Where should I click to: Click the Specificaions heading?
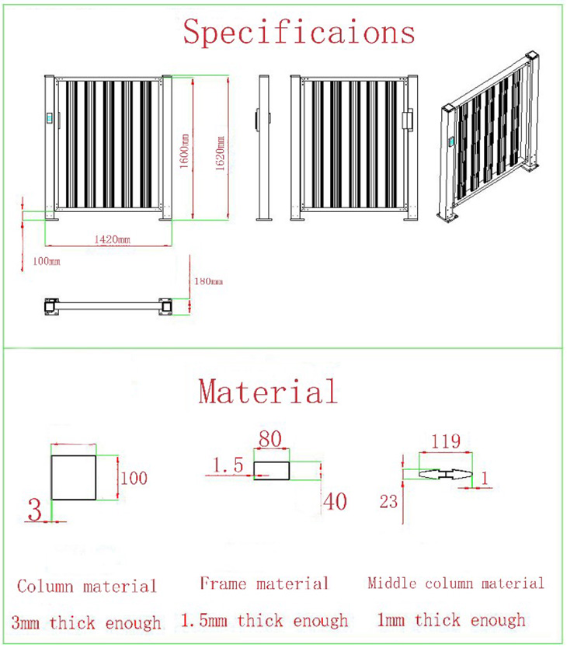299,32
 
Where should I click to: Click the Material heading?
268,392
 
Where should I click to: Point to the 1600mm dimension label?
184,151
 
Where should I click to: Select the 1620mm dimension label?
221,153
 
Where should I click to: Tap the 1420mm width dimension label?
112,239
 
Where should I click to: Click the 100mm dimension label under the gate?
47,261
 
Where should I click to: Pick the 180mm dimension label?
209,281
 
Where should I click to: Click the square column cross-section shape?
74,478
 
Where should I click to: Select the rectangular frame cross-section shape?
272,471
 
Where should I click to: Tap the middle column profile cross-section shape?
446,474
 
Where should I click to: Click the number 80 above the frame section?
270,439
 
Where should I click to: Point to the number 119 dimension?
446,441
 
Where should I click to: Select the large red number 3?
35,509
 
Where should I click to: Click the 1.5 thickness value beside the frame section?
228,465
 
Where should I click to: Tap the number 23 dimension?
388,502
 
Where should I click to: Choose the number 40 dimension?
335,502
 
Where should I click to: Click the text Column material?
87,586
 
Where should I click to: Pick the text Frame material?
264,584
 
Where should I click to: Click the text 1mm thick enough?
451,620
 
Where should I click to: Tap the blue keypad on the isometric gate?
452,141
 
